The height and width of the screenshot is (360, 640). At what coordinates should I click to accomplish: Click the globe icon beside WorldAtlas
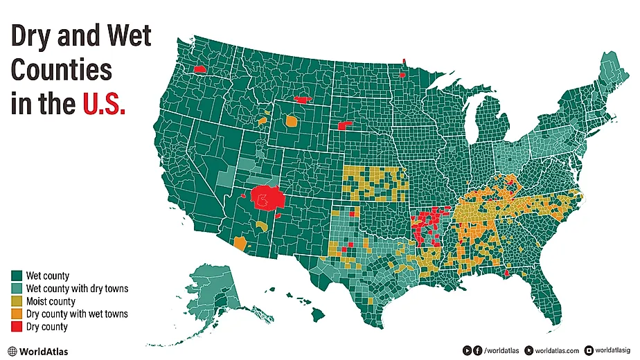pyautogui.click(x=12, y=351)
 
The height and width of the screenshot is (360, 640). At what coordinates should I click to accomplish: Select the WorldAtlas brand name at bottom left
pyautogui.click(x=44, y=351)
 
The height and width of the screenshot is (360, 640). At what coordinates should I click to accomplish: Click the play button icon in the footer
pyautogui.click(x=468, y=350)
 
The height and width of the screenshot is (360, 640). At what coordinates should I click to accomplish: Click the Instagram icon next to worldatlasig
pyautogui.click(x=589, y=351)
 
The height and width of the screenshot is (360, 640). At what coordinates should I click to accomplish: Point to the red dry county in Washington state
pyautogui.click(x=200, y=69)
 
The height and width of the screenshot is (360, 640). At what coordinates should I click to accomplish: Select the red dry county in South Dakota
pyautogui.click(x=346, y=125)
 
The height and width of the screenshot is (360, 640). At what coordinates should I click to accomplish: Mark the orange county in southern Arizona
pyautogui.click(x=240, y=243)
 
